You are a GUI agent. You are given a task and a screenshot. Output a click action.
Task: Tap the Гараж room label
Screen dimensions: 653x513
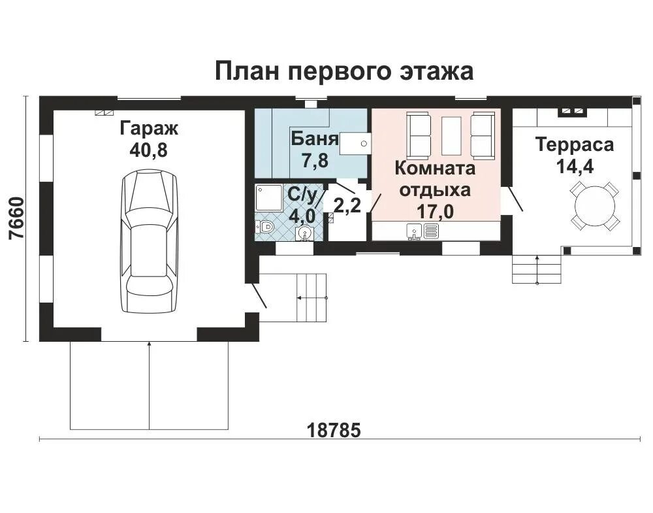pos(149,128)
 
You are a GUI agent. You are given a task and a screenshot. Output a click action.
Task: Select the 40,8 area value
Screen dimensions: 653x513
pos(148,150)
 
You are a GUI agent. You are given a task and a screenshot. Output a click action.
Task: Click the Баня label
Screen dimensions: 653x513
pos(315,139)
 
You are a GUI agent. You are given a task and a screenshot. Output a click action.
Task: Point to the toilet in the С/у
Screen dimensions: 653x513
pos(264,227)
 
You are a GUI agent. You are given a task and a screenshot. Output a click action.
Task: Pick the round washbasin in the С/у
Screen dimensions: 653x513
pos(305,233)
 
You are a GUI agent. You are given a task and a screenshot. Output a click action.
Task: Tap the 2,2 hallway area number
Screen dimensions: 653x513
pos(347,205)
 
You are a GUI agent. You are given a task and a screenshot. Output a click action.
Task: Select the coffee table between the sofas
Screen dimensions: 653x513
pos(451,136)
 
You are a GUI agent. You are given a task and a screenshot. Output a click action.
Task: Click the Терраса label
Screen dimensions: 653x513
pos(575,144)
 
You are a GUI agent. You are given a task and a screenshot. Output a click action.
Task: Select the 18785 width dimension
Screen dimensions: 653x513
pos(334,430)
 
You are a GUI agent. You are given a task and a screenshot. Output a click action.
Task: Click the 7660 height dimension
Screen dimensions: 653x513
pos(17,218)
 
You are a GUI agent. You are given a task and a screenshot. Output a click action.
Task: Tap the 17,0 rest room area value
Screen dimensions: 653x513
pos(436,212)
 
